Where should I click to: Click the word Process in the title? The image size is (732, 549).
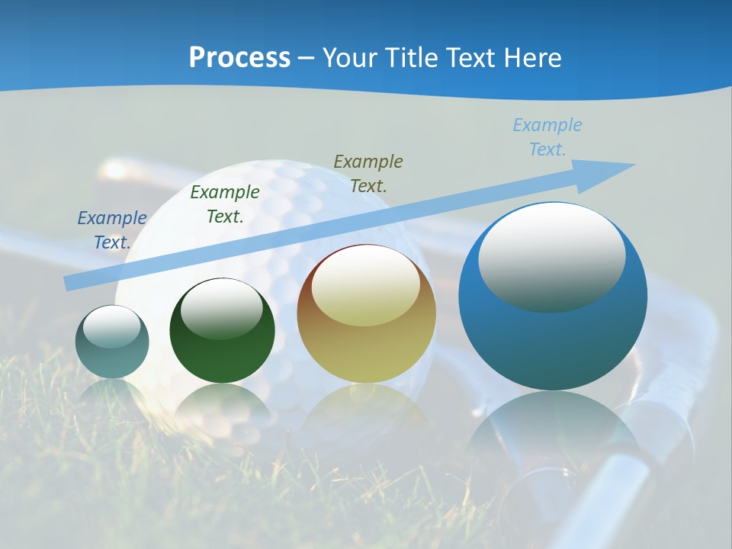(x=239, y=58)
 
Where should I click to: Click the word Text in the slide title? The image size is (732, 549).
(x=470, y=58)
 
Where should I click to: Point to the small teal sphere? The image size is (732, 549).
(x=112, y=342)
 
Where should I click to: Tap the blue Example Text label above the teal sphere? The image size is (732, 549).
(x=112, y=230)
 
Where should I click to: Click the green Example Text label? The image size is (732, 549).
(x=225, y=204)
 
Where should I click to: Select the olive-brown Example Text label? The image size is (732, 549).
(x=368, y=173)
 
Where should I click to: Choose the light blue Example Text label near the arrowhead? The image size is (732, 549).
(x=547, y=137)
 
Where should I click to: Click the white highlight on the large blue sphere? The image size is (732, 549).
(x=551, y=255)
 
